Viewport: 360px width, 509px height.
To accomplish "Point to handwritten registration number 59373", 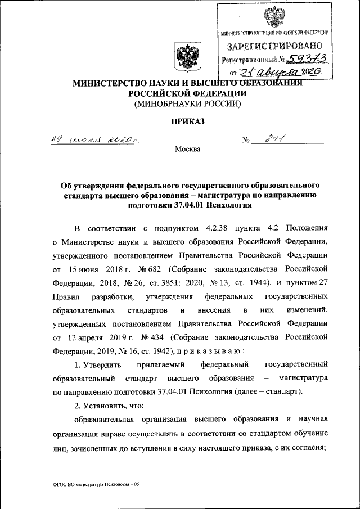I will click(307, 59).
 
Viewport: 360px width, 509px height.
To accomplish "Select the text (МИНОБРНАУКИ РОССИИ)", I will click(186, 103).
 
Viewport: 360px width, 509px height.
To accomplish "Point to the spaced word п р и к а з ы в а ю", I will click(210, 350).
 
